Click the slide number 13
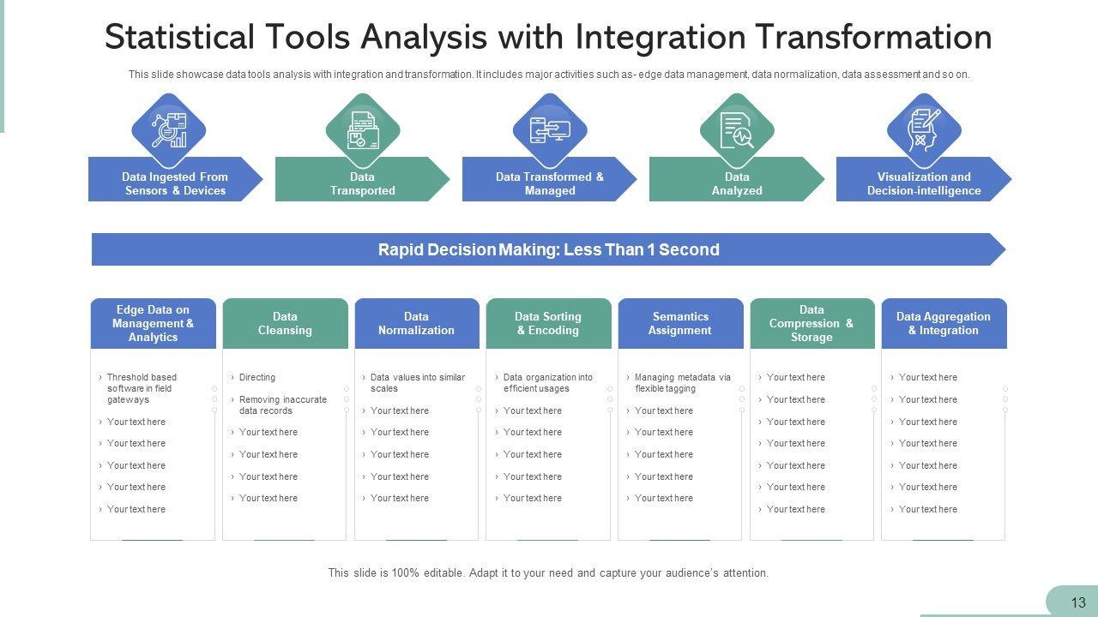1078,602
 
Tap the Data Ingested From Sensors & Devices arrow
175,183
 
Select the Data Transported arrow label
362,183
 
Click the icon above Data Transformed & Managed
550,130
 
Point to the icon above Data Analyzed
737,130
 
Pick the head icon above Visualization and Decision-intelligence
924,130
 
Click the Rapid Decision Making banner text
548,249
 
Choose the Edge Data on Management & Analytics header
153,323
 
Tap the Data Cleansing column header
285,323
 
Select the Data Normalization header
416,323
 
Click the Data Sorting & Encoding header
548,323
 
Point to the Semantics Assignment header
680,323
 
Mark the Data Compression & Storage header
811,323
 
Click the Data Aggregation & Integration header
944,323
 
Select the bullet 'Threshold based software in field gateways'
142,388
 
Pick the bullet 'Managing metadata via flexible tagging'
682,382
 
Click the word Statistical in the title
180,37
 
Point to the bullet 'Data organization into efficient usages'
547,382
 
